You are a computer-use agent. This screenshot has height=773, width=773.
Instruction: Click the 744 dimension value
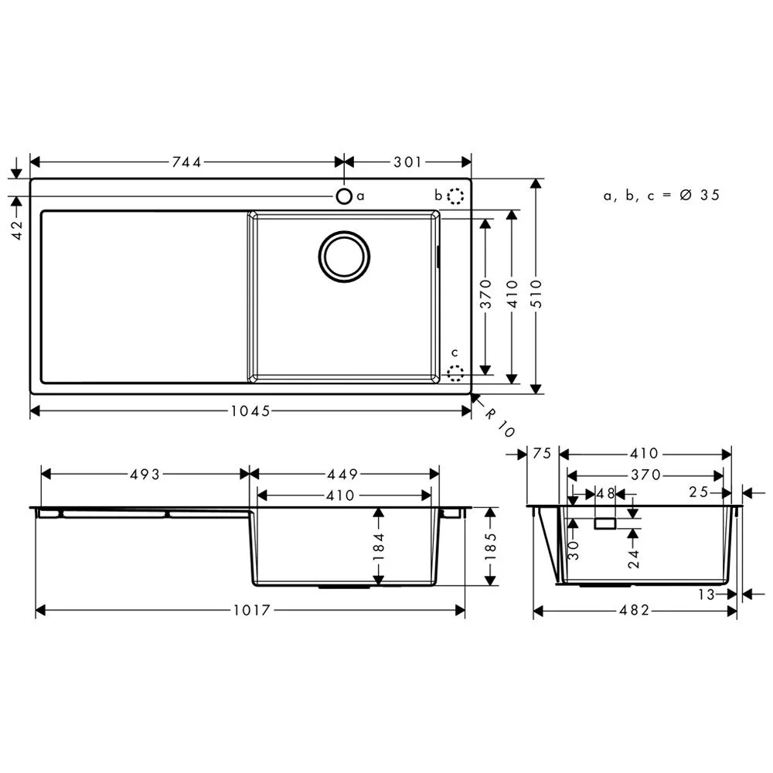pos(187,162)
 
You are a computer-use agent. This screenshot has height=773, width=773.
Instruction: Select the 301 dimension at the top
pos(407,162)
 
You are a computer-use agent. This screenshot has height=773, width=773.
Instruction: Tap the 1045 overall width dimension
pos(250,411)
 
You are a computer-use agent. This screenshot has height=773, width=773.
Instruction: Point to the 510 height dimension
pos(536,294)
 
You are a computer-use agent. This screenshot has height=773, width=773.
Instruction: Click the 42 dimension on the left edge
pos(18,230)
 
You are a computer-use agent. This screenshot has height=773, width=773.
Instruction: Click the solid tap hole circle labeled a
pos(345,196)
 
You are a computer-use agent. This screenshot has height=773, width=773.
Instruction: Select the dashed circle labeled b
pos(456,196)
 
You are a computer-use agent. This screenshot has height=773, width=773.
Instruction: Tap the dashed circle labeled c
pos(456,374)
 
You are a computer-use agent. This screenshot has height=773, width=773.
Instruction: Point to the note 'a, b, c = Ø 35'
pos(662,196)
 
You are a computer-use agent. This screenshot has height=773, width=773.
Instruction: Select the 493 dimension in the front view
pos(145,475)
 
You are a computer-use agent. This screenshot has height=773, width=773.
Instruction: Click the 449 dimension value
pos(346,475)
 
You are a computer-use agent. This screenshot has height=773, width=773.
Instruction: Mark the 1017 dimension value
pos(250,611)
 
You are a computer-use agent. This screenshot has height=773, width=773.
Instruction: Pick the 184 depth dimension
pos(378,547)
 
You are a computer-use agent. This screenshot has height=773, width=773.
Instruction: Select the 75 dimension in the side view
pos(542,454)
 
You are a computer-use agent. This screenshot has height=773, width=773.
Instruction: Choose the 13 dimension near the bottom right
pos(706,594)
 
